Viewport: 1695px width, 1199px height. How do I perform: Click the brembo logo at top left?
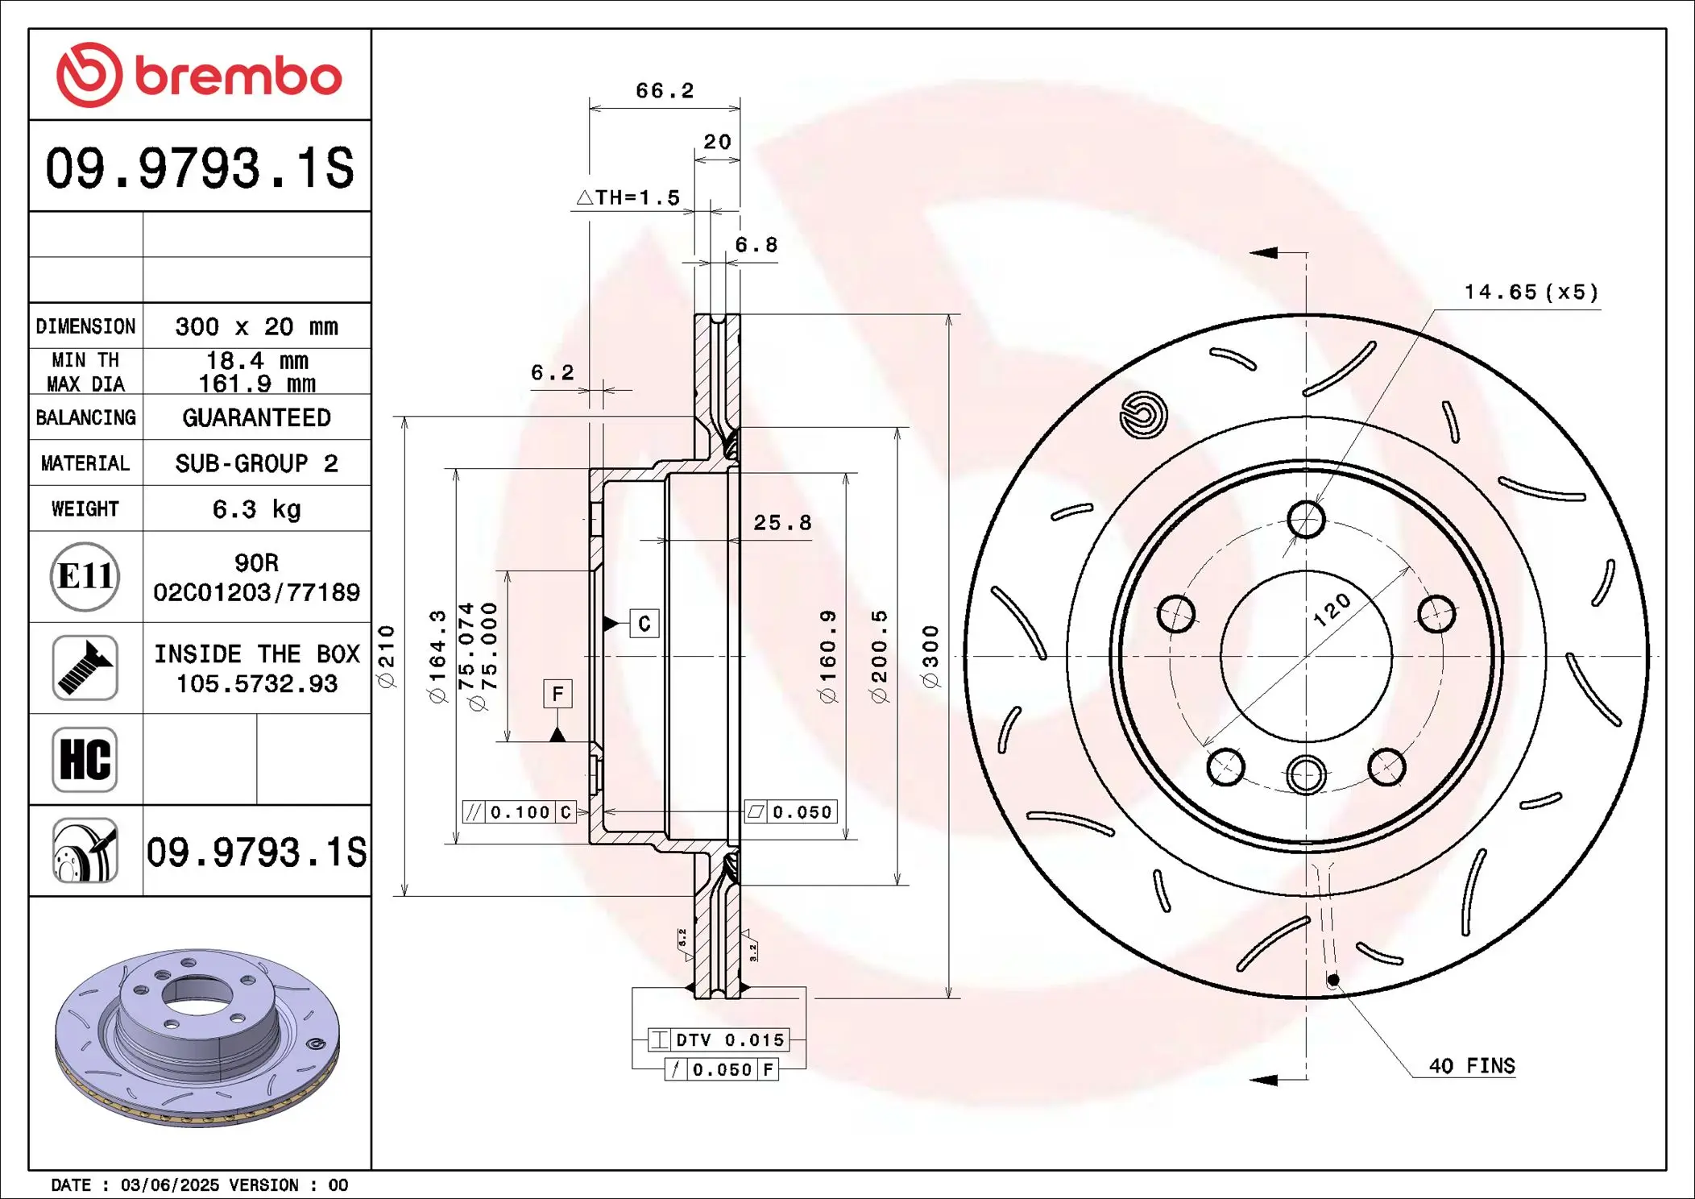coord(199,75)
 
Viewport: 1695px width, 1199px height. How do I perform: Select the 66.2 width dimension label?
coord(664,91)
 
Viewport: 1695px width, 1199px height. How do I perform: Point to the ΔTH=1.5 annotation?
coord(629,197)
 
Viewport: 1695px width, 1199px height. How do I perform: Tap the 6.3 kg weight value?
coord(256,509)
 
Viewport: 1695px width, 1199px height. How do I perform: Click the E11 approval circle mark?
coord(85,576)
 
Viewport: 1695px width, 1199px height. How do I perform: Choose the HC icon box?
coord(85,759)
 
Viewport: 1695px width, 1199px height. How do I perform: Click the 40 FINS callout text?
coord(1471,1066)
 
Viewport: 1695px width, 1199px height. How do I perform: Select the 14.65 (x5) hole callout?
coord(1531,292)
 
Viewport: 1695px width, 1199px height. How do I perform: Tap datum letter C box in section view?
coord(644,624)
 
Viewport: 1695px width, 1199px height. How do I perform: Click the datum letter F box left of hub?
coord(557,694)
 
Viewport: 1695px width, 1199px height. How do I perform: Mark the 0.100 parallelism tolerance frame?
coord(519,812)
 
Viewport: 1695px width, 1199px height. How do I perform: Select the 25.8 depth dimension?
coord(782,523)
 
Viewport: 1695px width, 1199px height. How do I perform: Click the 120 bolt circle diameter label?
coord(1332,610)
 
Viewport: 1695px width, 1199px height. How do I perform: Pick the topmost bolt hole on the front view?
coord(1306,519)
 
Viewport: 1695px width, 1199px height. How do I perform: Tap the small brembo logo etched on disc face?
coord(1143,415)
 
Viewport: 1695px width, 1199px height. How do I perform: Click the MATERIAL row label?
coord(85,463)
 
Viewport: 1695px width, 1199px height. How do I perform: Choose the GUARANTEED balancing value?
coord(256,417)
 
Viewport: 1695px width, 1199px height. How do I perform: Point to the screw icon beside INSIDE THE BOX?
coord(85,668)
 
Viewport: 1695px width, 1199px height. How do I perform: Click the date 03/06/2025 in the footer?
coord(169,1185)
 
